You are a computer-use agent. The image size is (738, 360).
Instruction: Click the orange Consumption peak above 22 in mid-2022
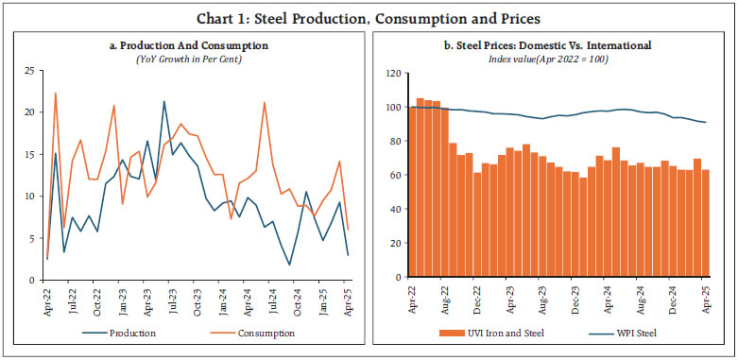coord(56,93)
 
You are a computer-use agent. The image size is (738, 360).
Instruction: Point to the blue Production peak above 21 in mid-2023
coord(164,101)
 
